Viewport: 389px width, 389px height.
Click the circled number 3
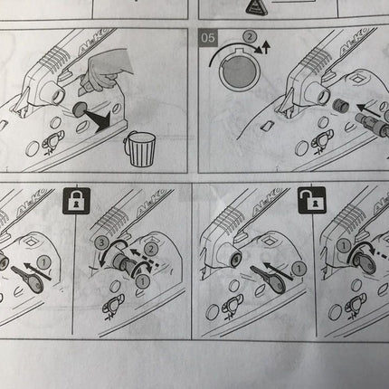103,244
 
